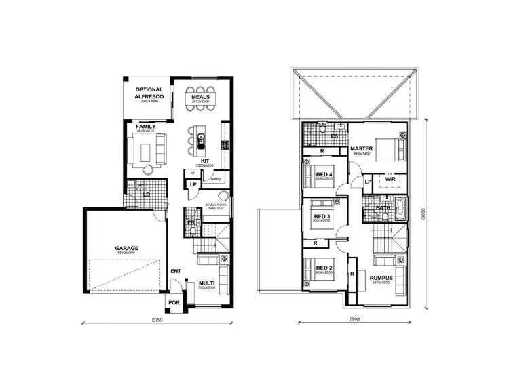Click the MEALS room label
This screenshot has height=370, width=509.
(200, 97)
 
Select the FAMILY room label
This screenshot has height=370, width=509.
(146, 127)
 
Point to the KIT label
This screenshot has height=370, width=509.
(204, 161)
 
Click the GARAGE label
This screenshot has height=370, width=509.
(126, 248)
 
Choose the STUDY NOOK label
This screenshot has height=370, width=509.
(215, 205)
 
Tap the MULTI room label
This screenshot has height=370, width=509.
(207, 283)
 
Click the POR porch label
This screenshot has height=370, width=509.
(175, 304)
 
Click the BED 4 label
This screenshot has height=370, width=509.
(325, 175)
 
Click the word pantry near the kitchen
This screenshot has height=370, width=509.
(216, 179)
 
